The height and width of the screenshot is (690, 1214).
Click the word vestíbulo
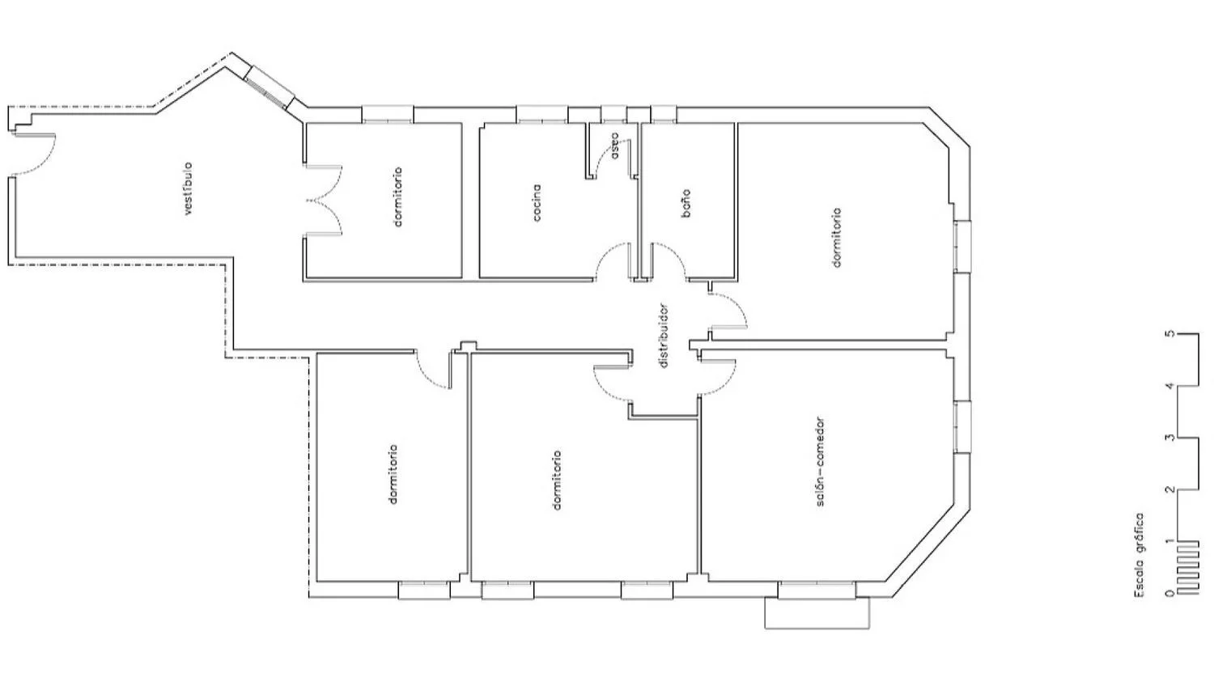(188, 189)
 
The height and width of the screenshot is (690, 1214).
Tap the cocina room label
(536, 203)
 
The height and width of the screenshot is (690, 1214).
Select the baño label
(686, 203)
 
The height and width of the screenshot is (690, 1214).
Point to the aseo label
(614, 146)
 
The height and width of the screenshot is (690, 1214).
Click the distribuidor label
(664, 336)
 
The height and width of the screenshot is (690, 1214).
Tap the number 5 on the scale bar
(1172, 333)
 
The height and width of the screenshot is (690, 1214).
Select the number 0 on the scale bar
(1172, 593)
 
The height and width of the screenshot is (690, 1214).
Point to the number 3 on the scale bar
(1172, 438)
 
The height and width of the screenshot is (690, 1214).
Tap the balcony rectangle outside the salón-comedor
(817, 613)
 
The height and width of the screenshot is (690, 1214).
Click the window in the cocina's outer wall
(542, 114)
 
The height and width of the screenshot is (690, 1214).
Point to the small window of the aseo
(614, 114)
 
